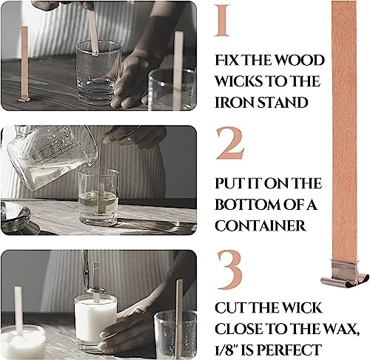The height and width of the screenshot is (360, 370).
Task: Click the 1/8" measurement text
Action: point(229,349)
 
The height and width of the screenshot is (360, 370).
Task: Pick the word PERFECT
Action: point(293,349)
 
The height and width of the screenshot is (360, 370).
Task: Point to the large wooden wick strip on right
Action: point(344,133)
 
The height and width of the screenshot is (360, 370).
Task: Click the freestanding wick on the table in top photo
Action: point(24,63)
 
